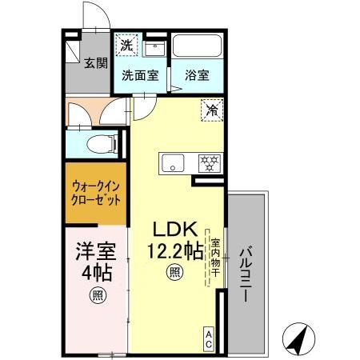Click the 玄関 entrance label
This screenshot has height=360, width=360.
[98, 63]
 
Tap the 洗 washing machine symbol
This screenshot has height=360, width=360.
[126, 46]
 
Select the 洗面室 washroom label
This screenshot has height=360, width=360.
[139, 75]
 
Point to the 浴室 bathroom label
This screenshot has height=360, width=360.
[198, 75]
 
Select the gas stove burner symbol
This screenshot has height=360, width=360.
[209, 163]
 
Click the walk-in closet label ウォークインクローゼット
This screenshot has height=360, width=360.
[94, 193]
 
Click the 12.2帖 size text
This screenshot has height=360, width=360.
[173, 250]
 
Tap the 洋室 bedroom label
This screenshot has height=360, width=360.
[94, 250]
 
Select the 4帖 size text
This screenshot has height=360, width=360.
[94, 272]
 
